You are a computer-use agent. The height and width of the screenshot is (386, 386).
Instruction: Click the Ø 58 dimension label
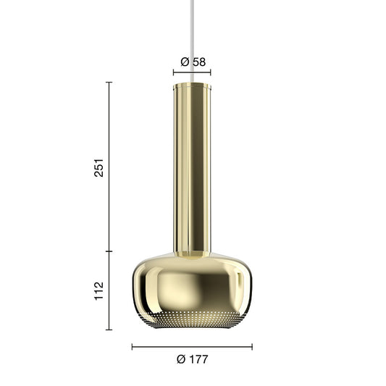pos(193,62)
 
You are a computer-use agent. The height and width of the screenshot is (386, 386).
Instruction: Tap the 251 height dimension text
pos(99,167)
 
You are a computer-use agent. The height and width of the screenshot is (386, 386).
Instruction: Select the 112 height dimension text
pos(99,290)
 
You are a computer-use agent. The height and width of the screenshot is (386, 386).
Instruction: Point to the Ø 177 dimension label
pos(192,359)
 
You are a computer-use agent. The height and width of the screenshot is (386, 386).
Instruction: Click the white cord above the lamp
pos(192,41)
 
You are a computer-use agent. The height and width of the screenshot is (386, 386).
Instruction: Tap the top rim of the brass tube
pos(192,87)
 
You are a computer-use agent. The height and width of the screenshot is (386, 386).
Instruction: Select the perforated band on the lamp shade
pos(192,320)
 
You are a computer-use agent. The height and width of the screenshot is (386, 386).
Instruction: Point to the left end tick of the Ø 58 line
pos(174,72)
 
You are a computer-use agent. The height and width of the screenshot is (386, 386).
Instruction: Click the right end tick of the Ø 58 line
pos(211,72)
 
